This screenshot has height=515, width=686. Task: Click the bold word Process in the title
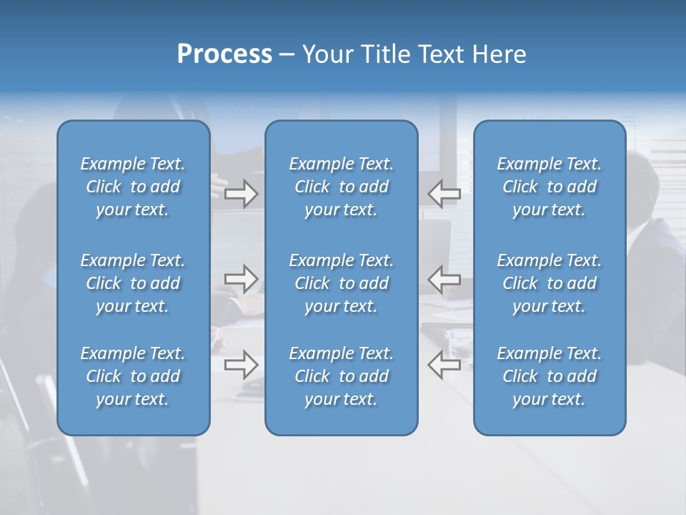224,54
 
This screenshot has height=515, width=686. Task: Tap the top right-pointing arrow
242,193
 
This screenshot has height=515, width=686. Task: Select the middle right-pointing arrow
242,279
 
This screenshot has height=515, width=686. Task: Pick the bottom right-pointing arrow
242,365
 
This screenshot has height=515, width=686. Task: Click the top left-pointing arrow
444,193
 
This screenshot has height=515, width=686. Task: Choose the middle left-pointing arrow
444,279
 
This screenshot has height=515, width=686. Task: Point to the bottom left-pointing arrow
444,365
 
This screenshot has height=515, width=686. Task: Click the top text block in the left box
133,187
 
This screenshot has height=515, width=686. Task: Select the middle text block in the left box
133,283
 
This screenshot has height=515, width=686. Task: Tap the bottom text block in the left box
133,376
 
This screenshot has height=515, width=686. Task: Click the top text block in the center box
342,187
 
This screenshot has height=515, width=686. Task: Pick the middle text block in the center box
342,283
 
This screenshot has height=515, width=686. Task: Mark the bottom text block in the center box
342,376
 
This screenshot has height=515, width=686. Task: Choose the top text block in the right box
550,187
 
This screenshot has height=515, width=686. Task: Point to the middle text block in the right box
550,283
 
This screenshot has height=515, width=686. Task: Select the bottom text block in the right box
550,376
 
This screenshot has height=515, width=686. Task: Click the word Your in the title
327,54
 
